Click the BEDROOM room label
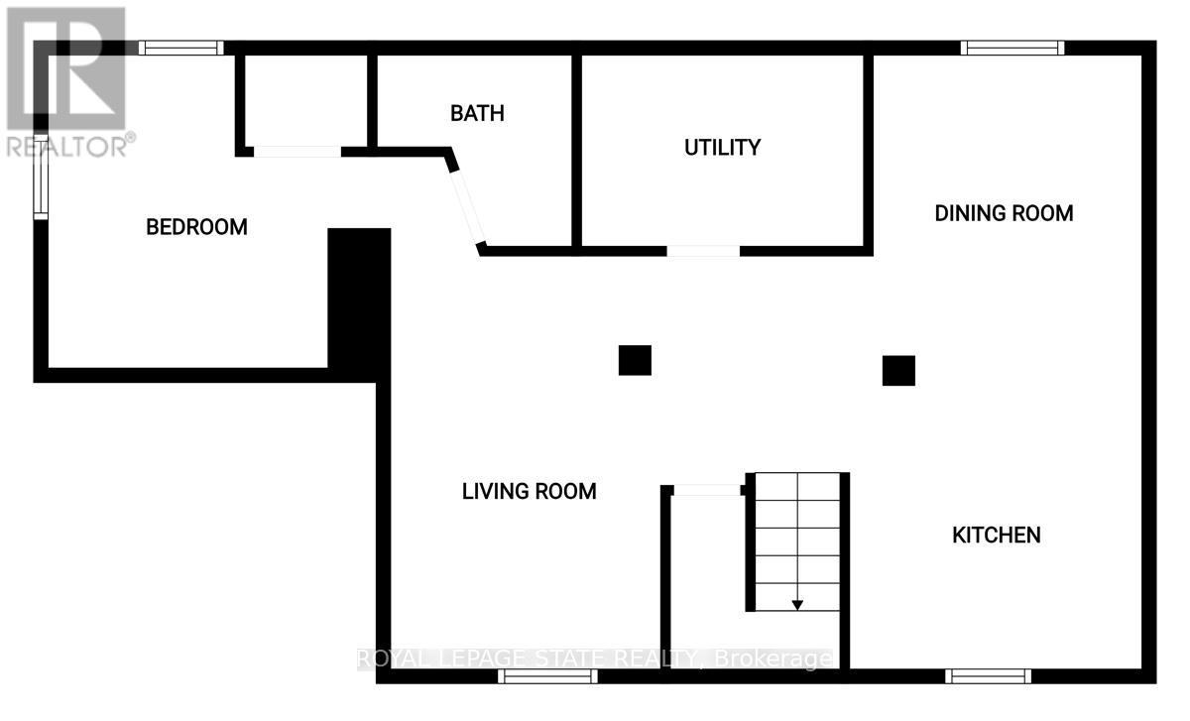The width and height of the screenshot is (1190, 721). [x=196, y=227]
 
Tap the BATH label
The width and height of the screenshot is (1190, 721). [x=477, y=113]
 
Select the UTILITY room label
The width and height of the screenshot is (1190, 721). [x=723, y=148]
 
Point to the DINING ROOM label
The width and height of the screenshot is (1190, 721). [x=1004, y=213]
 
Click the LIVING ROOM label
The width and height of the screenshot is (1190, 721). [x=530, y=491]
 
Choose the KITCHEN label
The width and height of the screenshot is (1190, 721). [x=997, y=536]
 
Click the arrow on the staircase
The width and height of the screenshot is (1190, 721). [x=797, y=604]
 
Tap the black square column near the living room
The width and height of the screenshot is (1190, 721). [x=635, y=360]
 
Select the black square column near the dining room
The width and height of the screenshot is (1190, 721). [x=898, y=371]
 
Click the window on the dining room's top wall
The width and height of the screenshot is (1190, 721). [x=1012, y=48]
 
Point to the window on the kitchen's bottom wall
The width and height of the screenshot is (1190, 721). [x=989, y=676]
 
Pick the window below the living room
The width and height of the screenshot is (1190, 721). [x=547, y=676]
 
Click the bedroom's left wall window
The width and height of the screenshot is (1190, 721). [x=41, y=177]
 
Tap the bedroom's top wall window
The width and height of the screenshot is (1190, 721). [x=180, y=48]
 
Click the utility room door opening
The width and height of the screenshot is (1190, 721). [x=703, y=251]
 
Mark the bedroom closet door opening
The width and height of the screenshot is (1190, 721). [x=298, y=152]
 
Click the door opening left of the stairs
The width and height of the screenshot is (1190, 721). [x=707, y=489]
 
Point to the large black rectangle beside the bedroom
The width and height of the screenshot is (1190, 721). [x=359, y=302]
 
